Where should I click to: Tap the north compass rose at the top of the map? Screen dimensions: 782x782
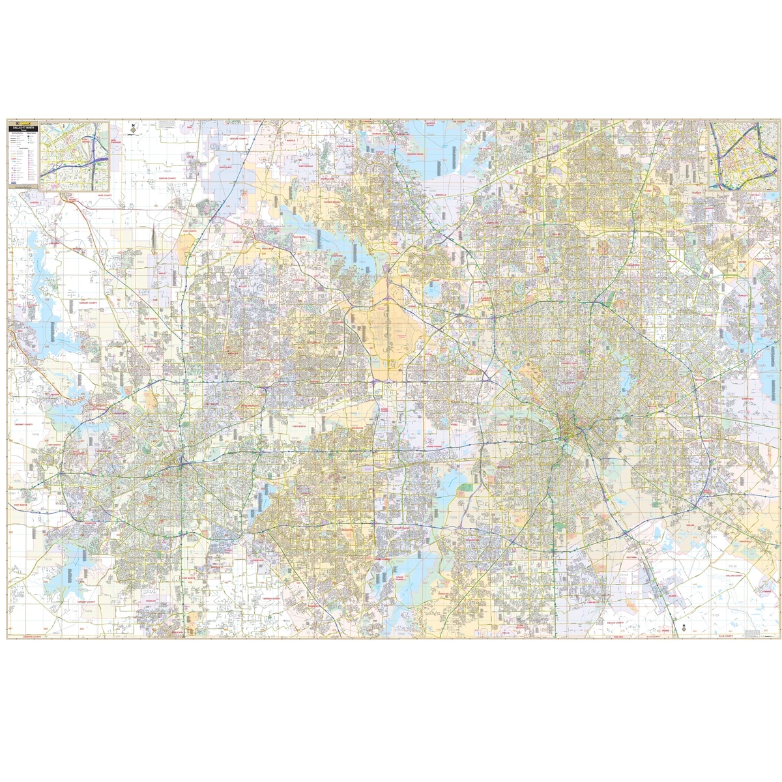[x=133, y=129]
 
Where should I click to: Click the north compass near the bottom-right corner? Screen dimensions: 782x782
[x=683, y=629]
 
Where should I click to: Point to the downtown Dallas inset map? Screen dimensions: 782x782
[x=741, y=155]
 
